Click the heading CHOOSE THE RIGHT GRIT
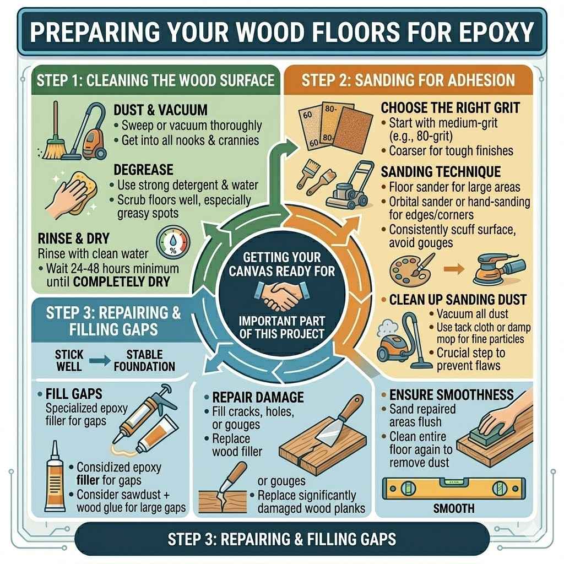(x=449, y=107)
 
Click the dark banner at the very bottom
(x=281, y=538)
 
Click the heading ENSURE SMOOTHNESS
(x=451, y=395)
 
